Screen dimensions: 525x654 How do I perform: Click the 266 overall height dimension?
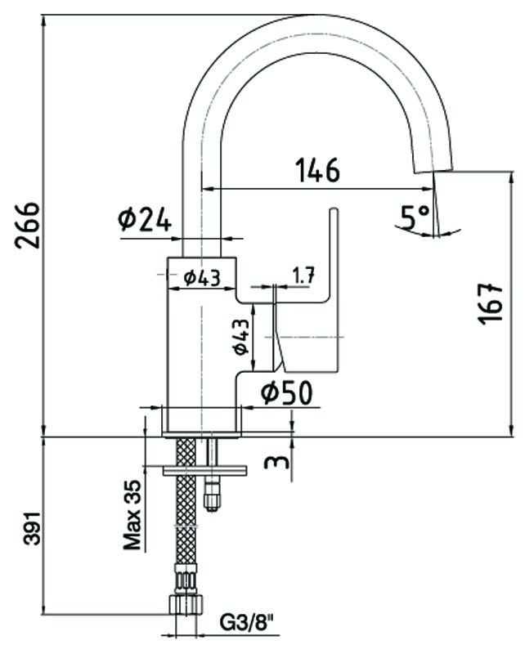tap(28, 226)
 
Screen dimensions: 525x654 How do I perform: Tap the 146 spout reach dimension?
tap(318, 170)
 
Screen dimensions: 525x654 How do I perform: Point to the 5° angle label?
tap(415, 217)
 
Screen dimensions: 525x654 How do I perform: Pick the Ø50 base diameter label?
tap(287, 393)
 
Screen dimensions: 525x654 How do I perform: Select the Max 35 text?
tap(132, 515)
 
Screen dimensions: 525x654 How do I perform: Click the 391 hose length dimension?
tap(33, 526)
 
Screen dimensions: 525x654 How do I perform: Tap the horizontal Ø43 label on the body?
tap(202, 278)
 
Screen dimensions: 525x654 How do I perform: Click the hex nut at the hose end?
tap(186, 603)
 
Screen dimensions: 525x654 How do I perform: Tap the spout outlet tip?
tap(433, 171)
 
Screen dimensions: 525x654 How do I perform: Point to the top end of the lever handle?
tap(334, 210)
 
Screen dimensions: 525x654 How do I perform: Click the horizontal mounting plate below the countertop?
tap(204, 471)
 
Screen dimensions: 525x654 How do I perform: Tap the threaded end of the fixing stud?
tap(212, 495)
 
